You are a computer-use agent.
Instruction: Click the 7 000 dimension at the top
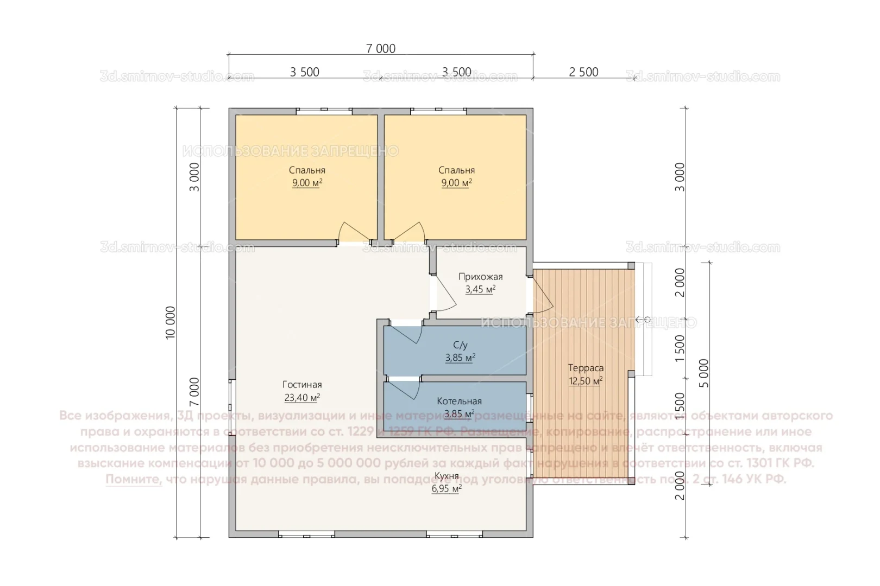point(380,48)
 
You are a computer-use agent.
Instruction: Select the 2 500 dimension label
point(583,72)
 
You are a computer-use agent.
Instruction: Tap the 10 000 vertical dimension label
point(171,322)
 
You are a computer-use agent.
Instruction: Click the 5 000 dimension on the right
point(704,373)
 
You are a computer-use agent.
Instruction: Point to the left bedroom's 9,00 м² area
point(307,183)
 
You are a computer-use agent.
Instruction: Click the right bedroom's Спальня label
point(456,170)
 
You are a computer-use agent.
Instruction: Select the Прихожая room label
point(480,277)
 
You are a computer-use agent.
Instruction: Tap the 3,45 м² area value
point(480,289)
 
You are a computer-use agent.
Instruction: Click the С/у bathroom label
point(460,345)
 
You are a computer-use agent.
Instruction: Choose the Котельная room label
point(459,401)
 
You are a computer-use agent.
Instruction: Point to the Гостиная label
point(302,384)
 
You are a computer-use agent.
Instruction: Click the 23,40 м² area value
point(302,397)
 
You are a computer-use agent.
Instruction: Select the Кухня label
point(447,476)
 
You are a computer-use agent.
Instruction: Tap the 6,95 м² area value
point(447,488)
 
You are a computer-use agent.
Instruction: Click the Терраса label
point(586,368)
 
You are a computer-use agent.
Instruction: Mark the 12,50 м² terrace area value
point(586,381)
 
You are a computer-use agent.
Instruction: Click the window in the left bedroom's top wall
point(324,111)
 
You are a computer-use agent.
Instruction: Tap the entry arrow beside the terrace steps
point(643,319)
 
